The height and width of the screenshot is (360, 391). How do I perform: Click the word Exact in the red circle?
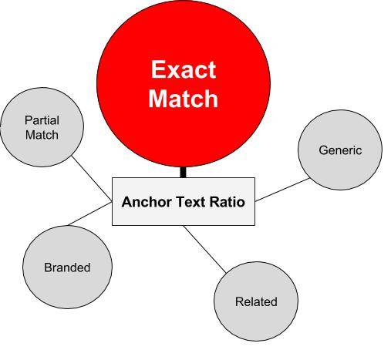click(x=184, y=69)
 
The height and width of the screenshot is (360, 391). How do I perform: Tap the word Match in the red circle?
click(x=184, y=99)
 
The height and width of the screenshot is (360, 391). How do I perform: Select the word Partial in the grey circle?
click(x=42, y=120)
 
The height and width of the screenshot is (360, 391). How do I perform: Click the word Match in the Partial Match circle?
click(x=42, y=135)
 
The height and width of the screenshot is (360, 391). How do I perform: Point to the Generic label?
click(x=340, y=150)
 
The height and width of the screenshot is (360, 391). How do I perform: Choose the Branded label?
click(x=67, y=267)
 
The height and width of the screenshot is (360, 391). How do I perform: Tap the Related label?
click(x=256, y=301)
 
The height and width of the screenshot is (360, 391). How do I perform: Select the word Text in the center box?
click(x=190, y=202)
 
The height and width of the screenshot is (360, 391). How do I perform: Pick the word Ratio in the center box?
click(x=227, y=202)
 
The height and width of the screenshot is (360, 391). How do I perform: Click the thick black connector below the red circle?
click(x=183, y=172)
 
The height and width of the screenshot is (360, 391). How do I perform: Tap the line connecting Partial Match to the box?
click(x=92, y=178)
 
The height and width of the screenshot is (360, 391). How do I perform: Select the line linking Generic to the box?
click(x=282, y=190)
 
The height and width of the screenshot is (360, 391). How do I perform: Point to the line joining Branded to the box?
click(x=90, y=214)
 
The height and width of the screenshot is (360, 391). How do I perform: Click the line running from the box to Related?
click(x=204, y=249)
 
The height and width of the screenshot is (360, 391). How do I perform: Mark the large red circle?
click(x=184, y=82)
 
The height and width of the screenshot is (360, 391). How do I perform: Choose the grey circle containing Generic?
click(x=340, y=150)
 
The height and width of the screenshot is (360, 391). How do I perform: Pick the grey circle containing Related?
click(x=256, y=301)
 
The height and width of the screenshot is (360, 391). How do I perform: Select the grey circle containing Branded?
click(x=67, y=267)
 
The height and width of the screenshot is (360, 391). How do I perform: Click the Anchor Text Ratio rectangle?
click(x=184, y=202)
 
